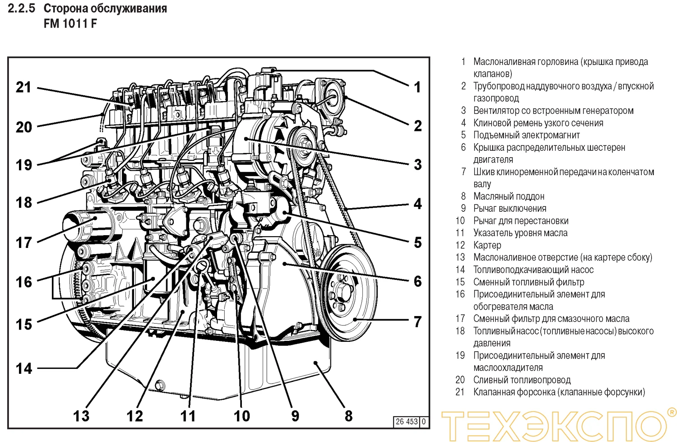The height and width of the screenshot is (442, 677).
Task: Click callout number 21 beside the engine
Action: pyautogui.click(x=23, y=87)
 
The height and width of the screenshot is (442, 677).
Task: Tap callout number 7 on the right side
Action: pyautogui.click(x=417, y=321)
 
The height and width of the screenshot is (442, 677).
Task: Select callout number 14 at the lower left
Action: pyautogui.click(x=24, y=368)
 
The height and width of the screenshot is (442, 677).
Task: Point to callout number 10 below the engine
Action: pyautogui.click(x=241, y=415)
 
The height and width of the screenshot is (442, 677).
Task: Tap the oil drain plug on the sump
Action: pyautogui.click(x=159, y=385)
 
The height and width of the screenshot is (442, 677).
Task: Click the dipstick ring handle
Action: pyautogui.click(x=202, y=266)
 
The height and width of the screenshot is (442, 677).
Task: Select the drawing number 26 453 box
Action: pyautogui.click(x=407, y=422)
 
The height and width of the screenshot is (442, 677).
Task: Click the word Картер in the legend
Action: pyautogui.click(x=487, y=245)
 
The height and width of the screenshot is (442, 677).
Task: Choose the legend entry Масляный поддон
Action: pyautogui.click(x=509, y=196)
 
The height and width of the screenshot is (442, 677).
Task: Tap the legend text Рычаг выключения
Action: pyautogui.click(x=510, y=209)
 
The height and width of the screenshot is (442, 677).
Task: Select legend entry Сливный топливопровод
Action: pyautogui.click(x=522, y=380)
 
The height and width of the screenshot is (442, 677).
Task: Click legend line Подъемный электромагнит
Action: pyautogui.click(x=526, y=135)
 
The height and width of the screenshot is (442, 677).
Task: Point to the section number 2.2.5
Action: pyautogui.click(x=21, y=8)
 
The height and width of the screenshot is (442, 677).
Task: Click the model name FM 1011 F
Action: pyautogui.click(x=70, y=23)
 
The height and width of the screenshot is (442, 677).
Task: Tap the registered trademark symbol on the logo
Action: pyautogui.click(x=671, y=412)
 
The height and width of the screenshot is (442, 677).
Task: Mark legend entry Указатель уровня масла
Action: pyautogui.click(x=520, y=233)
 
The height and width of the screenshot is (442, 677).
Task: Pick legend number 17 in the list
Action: pyautogui.click(x=460, y=319)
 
